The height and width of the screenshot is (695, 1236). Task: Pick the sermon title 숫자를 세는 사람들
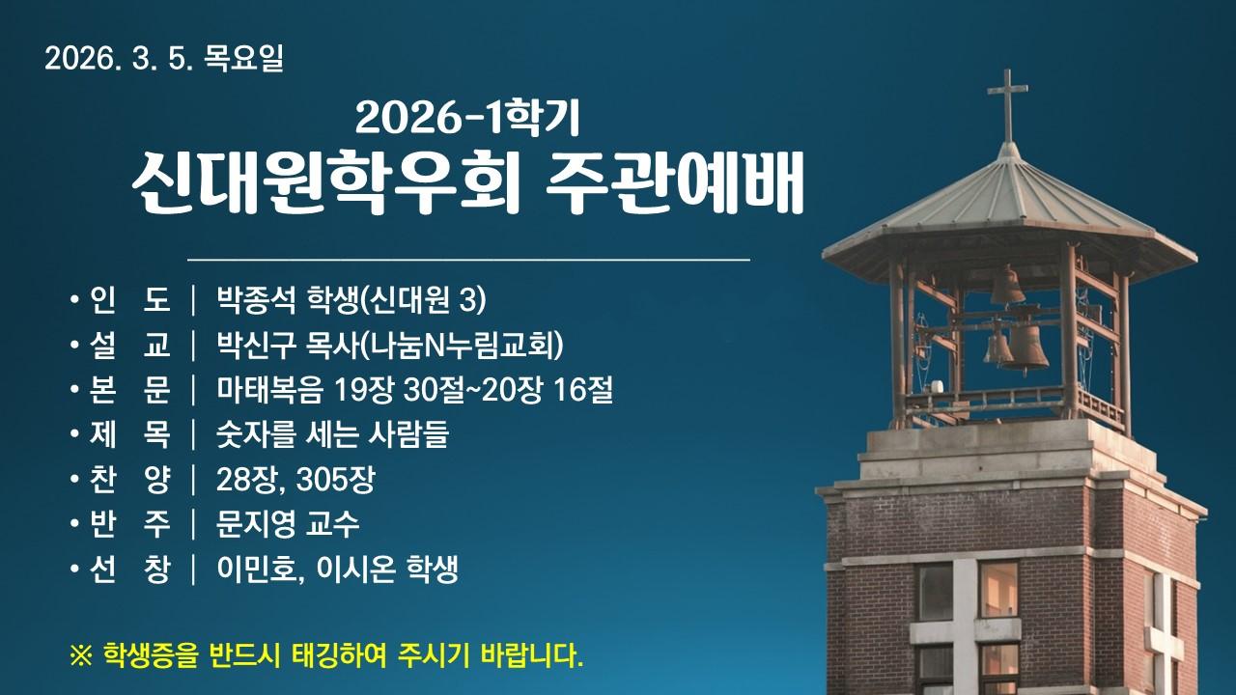pos(332,435)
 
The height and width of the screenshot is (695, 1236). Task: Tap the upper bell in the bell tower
pos(1008,287)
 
